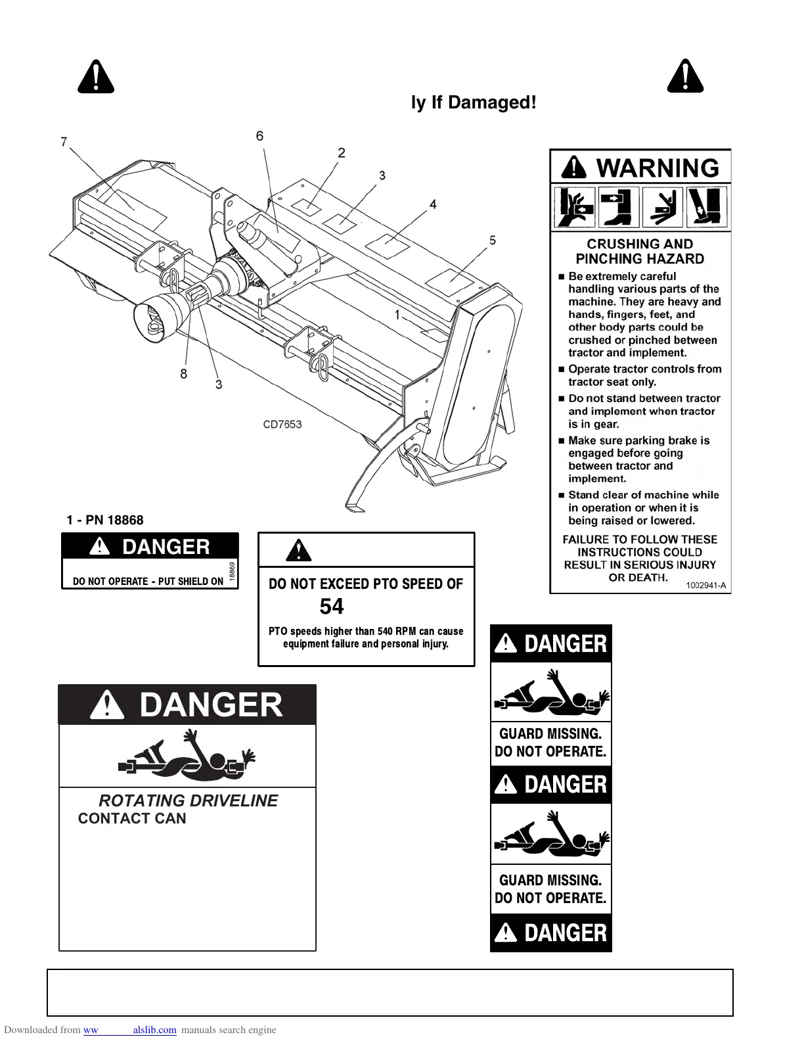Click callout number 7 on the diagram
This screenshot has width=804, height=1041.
(64, 141)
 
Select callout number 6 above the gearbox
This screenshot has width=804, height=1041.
(260, 136)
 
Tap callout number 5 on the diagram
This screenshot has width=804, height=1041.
(493, 240)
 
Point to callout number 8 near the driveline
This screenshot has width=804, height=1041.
(183, 373)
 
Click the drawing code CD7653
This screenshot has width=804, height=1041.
(282, 424)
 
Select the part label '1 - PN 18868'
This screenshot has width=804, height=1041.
(105, 520)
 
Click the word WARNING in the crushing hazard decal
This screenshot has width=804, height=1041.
(658, 168)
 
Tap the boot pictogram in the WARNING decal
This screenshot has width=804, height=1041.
(617, 206)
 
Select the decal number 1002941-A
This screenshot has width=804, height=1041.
(706, 585)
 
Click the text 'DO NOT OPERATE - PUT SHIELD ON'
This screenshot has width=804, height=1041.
(148, 581)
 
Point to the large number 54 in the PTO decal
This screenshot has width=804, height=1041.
(332, 606)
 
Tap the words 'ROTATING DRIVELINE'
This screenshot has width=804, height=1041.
(188, 800)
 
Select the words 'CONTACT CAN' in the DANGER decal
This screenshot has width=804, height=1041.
(132, 818)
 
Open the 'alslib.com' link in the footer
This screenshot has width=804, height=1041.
(154, 1030)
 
